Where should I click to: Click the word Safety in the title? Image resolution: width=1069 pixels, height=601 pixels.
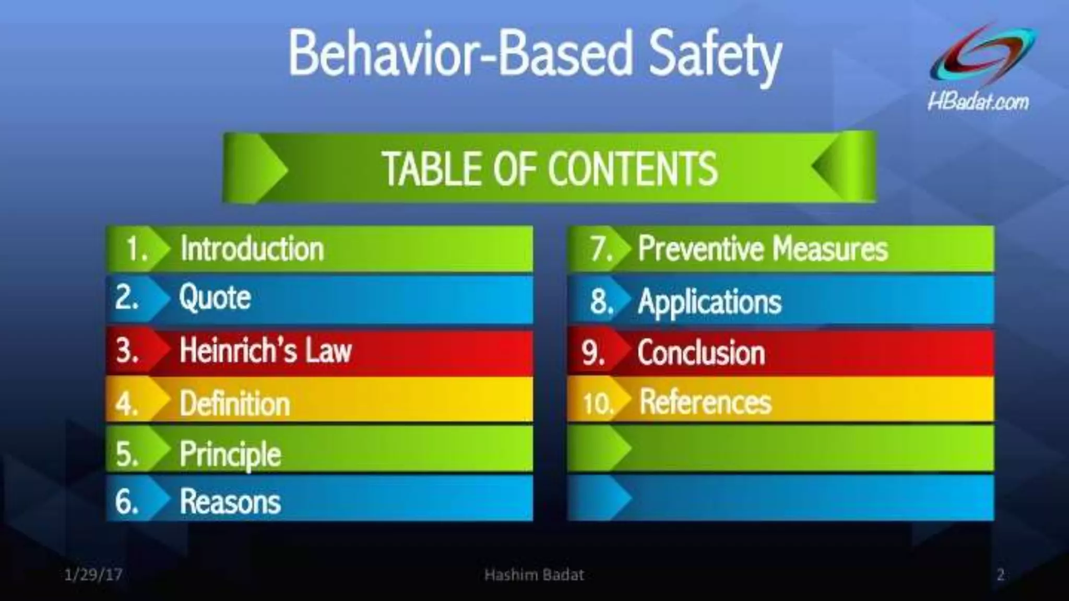click(715, 55)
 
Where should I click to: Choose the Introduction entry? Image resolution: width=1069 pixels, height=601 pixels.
click(252, 248)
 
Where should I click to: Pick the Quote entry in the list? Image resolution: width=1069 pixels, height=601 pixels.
click(215, 298)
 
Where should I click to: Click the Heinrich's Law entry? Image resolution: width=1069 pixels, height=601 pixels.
click(266, 350)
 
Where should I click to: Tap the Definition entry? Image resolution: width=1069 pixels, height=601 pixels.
click(235, 404)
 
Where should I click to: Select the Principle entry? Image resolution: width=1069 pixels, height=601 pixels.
click(230, 453)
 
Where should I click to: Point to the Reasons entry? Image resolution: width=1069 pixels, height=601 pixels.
click(230, 501)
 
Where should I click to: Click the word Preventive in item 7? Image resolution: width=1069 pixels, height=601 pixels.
click(700, 248)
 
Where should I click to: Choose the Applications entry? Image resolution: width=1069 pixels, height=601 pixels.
click(710, 302)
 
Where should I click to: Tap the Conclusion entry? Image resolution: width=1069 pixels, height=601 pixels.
click(701, 353)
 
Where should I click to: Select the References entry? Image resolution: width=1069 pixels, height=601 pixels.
click(705, 402)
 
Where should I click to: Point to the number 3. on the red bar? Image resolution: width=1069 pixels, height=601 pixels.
click(127, 350)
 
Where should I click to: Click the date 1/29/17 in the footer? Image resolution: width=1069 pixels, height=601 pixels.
click(93, 575)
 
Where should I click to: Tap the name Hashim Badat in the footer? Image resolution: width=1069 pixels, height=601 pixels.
click(534, 575)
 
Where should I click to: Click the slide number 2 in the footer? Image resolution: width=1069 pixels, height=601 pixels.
click(1000, 575)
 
